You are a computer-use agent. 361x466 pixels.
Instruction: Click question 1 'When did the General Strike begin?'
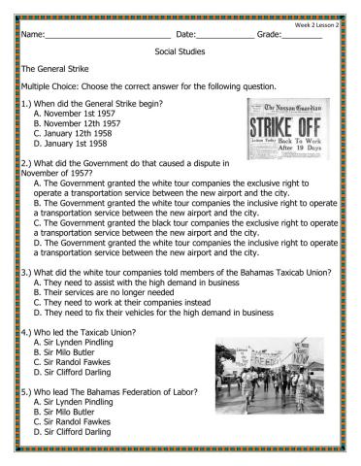92,103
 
